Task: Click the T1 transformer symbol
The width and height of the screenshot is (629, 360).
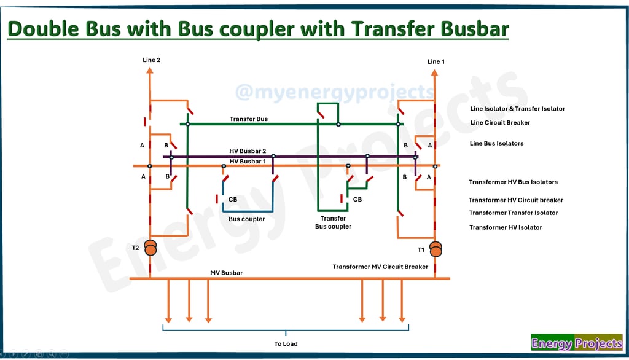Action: click(436, 249)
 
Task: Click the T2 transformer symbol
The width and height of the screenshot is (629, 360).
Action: click(150, 248)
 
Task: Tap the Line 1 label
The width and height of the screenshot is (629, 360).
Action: click(436, 61)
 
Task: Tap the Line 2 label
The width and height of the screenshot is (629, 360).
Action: click(151, 60)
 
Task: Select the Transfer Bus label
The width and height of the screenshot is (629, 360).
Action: click(249, 119)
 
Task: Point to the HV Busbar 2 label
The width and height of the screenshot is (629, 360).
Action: click(248, 151)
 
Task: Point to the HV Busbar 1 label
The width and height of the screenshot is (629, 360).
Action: click(248, 162)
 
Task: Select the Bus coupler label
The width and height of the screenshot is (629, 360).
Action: click(247, 219)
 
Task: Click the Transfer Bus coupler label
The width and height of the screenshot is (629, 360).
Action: click(333, 222)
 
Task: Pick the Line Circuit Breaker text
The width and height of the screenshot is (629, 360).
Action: click(500, 123)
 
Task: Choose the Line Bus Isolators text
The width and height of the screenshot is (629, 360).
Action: click(496, 144)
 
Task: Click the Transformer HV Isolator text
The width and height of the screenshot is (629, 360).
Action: click(506, 228)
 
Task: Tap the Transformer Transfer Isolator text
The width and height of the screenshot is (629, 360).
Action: click(514, 213)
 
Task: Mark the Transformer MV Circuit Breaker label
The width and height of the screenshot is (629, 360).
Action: click(380, 267)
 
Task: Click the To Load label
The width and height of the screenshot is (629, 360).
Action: click(286, 344)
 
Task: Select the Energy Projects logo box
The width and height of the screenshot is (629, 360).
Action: click(576, 343)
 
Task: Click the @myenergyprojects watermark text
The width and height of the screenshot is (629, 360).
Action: click(335, 92)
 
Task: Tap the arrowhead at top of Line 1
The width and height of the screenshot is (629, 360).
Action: click(434, 72)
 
